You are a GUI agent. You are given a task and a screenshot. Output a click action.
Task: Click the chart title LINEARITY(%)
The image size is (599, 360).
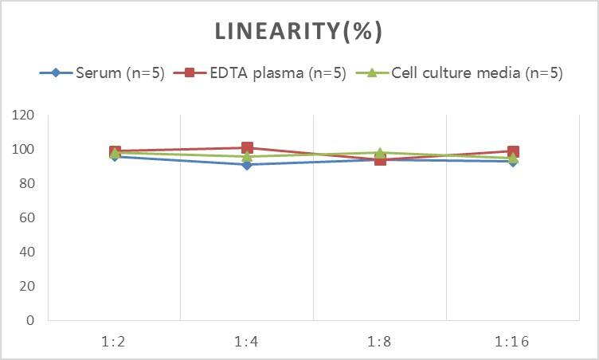(x=299, y=32)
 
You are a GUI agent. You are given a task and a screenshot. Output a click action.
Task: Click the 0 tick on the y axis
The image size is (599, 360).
(x=31, y=321)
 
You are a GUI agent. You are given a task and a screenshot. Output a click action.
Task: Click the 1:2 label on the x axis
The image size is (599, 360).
(x=115, y=342)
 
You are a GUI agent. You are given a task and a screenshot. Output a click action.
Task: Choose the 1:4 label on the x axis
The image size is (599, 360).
(x=247, y=342)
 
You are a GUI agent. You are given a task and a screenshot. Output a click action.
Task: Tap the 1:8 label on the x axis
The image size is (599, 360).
(x=380, y=342)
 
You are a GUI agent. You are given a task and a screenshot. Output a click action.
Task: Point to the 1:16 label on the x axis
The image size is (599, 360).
(x=512, y=342)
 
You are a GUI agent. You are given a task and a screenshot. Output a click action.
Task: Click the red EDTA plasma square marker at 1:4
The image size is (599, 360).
(x=247, y=148)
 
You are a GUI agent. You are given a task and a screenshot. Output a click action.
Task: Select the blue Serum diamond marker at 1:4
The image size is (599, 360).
(x=247, y=165)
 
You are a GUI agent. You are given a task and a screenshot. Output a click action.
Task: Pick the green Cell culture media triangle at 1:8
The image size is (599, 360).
(x=380, y=153)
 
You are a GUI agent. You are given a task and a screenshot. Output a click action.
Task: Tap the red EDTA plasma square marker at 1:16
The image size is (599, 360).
(x=513, y=151)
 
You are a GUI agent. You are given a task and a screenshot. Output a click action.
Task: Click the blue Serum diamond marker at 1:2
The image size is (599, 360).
(x=115, y=156)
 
